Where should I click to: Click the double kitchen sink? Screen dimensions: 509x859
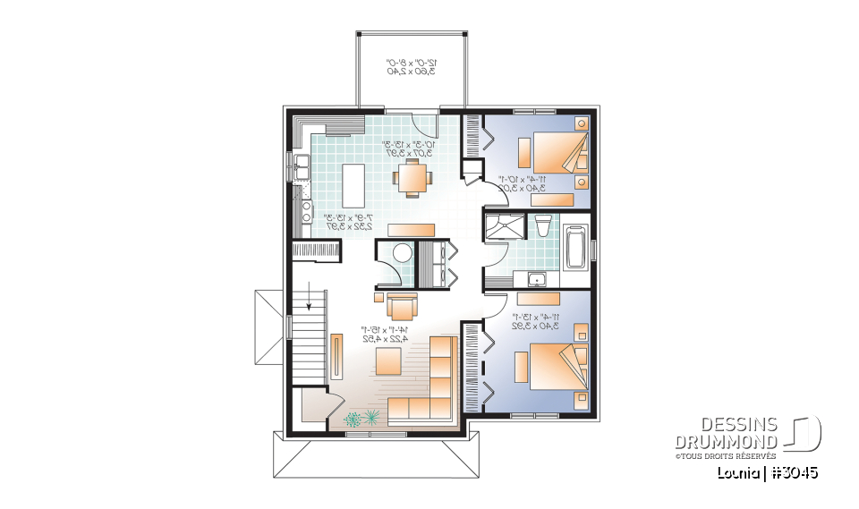pos(302,167)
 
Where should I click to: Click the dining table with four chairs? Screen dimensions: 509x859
pos(412,176)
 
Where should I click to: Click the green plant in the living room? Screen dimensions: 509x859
pos(362,417)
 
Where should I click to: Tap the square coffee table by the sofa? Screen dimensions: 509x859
pos(387,361)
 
